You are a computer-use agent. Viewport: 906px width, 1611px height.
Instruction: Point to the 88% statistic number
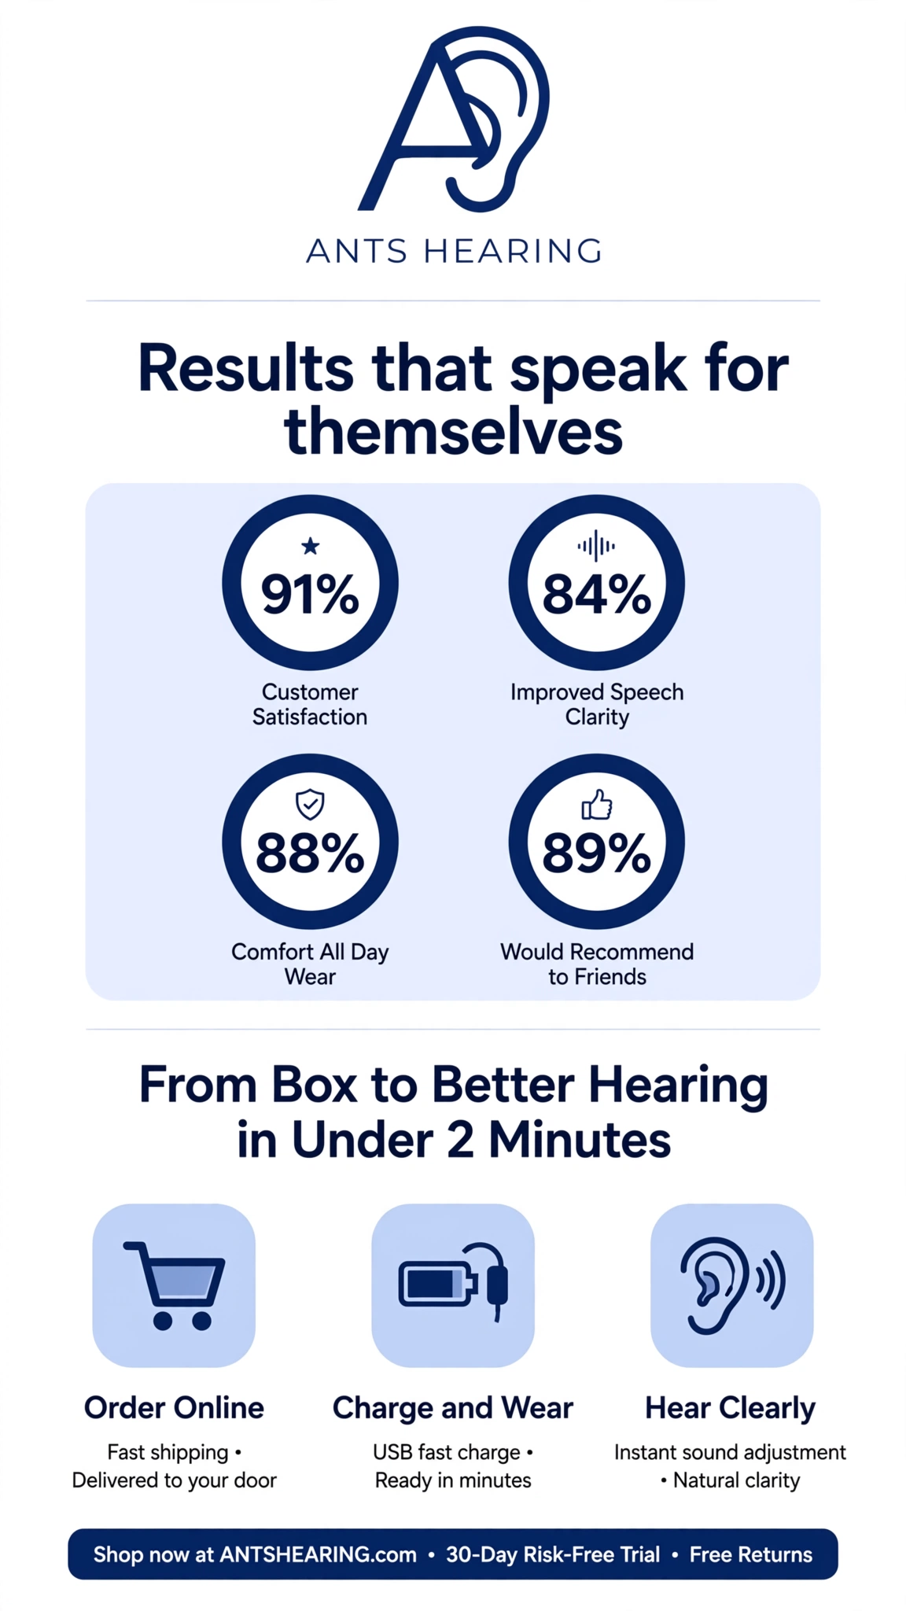310,853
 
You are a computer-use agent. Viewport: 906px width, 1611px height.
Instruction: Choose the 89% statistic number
597,853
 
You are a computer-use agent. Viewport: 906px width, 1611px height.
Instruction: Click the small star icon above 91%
311,545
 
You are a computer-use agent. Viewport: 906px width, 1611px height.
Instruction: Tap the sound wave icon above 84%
596,545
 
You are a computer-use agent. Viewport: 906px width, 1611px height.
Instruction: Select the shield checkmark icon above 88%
310,804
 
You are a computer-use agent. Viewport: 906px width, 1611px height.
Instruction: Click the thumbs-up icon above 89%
597,805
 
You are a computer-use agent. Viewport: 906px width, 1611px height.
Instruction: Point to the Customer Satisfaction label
310,704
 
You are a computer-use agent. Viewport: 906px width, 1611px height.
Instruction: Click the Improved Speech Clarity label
597,704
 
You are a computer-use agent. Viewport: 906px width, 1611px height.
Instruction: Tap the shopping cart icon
175,1285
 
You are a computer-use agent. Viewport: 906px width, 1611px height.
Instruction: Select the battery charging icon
454,1282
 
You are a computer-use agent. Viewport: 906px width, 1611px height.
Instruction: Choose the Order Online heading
174,1407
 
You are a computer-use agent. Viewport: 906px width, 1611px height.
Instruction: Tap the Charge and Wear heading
453,1408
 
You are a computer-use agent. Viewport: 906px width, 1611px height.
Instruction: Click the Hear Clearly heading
731,1408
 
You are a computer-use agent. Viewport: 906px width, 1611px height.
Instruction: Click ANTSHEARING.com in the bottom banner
318,1554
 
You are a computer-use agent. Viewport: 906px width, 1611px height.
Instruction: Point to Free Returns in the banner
751,1554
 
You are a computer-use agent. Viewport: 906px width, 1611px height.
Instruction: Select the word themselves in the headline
454,432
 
